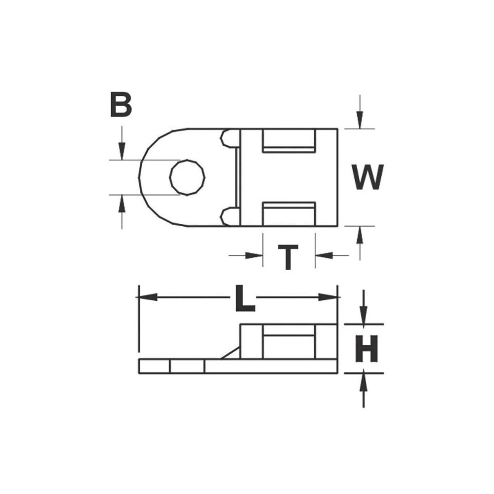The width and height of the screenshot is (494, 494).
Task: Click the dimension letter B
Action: coord(121,105)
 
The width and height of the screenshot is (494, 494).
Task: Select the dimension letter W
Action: coord(368,177)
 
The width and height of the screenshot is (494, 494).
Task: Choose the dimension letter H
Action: coord(367,348)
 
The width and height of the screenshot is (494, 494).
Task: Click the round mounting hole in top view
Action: coord(187,177)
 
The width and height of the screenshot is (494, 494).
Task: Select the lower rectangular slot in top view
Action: coord(289,213)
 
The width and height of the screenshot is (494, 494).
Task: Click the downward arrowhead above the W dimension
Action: coord(360,119)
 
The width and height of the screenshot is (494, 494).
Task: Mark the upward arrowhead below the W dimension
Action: coord(360,236)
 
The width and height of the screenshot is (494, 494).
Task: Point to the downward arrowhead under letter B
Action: coord(122,150)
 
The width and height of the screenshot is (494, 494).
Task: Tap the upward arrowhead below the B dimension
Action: coord(122,205)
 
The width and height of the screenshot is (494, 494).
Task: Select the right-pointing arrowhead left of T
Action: coord(254,255)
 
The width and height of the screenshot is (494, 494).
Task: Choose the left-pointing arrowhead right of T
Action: coord(324,255)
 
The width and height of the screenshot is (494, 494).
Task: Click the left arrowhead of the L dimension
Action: coord(147,297)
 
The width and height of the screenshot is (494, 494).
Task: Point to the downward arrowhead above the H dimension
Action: coord(364,315)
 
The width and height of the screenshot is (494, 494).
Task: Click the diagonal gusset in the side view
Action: coord(230,353)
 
